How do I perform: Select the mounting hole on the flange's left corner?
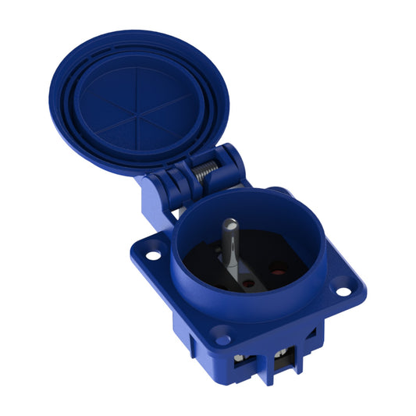153,253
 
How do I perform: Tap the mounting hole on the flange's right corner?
342,291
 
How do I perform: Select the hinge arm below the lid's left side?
153,199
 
